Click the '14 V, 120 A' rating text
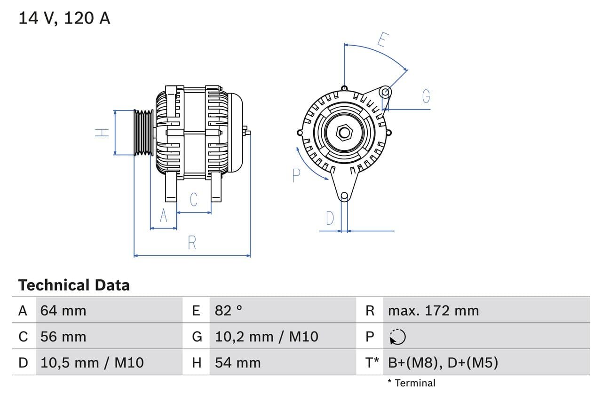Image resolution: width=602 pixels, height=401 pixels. [x=64, y=18]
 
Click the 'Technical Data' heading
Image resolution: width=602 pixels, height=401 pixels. [x=74, y=285]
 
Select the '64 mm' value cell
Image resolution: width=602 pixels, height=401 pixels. [x=63, y=310]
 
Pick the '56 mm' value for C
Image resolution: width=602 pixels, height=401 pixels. [x=63, y=337]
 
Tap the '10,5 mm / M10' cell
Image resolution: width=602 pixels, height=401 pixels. [x=92, y=362]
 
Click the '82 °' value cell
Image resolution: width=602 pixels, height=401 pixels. [x=229, y=310]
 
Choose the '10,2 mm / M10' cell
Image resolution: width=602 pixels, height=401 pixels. [x=266, y=337]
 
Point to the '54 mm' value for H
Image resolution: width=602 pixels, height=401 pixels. [x=238, y=362]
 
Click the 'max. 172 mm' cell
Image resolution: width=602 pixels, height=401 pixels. [x=433, y=310]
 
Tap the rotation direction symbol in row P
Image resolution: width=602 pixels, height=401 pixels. [x=397, y=337]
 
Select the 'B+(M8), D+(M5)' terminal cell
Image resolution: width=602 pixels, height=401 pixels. [x=443, y=362]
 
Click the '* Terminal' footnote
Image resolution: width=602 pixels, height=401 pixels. [x=411, y=383]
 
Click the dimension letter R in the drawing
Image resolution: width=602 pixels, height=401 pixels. [x=192, y=243]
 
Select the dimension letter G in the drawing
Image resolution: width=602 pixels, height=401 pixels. [x=426, y=96]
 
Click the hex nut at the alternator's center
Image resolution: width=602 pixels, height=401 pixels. [x=344, y=133]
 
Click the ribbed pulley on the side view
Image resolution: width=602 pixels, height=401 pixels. [x=143, y=133]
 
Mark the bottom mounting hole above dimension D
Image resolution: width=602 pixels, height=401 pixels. [x=344, y=196]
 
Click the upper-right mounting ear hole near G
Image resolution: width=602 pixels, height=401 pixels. [x=385, y=91]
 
